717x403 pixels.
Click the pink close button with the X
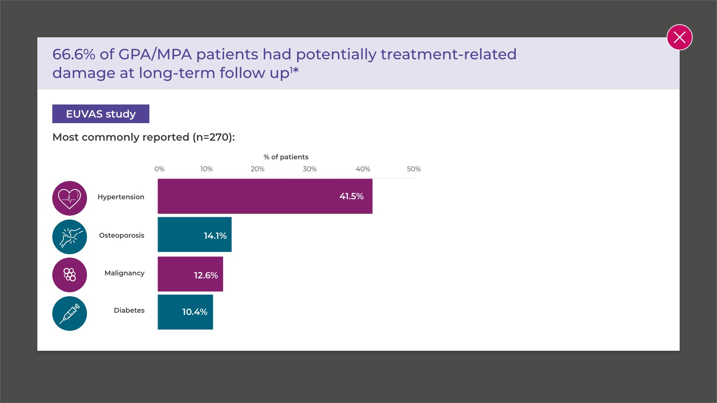(x=679, y=37)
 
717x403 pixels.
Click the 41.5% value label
(x=351, y=196)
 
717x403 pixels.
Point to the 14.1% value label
(x=215, y=236)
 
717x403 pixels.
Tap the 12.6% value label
(x=206, y=275)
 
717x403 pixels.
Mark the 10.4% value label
(x=195, y=312)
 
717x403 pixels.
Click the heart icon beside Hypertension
(x=69, y=198)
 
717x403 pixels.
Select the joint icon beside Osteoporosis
(x=69, y=237)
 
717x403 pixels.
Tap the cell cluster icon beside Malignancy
(x=69, y=275)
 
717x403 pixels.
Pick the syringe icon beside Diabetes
(x=69, y=313)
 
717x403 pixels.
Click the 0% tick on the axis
(x=159, y=169)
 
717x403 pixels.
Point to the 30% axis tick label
(x=310, y=169)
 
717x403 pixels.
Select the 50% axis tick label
(x=414, y=169)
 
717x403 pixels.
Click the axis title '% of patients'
(x=286, y=157)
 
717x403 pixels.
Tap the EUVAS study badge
(x=101, y=114)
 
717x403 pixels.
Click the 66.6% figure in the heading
(x=74, y=54)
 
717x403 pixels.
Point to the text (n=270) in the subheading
(x=214, y=137)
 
